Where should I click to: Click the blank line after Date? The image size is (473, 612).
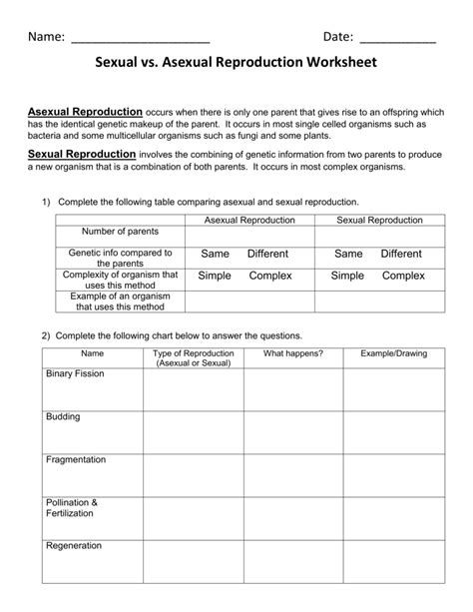click(397, 39)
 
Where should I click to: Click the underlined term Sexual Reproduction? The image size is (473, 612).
click(81, 155)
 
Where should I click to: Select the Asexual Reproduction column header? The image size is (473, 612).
click(249, 219)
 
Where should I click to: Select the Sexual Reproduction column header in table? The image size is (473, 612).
click(379, 219)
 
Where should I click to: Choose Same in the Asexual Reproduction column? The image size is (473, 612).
click(216, 255)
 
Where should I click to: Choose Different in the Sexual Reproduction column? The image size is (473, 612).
click(401, 255)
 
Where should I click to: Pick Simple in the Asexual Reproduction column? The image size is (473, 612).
click(215, 276)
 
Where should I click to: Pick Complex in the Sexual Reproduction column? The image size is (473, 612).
click(404, 276)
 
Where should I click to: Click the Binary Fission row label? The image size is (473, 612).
click(75, 373)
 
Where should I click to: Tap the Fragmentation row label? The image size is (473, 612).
click(76, 459)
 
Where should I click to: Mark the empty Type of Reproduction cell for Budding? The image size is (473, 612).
click(193, 430)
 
